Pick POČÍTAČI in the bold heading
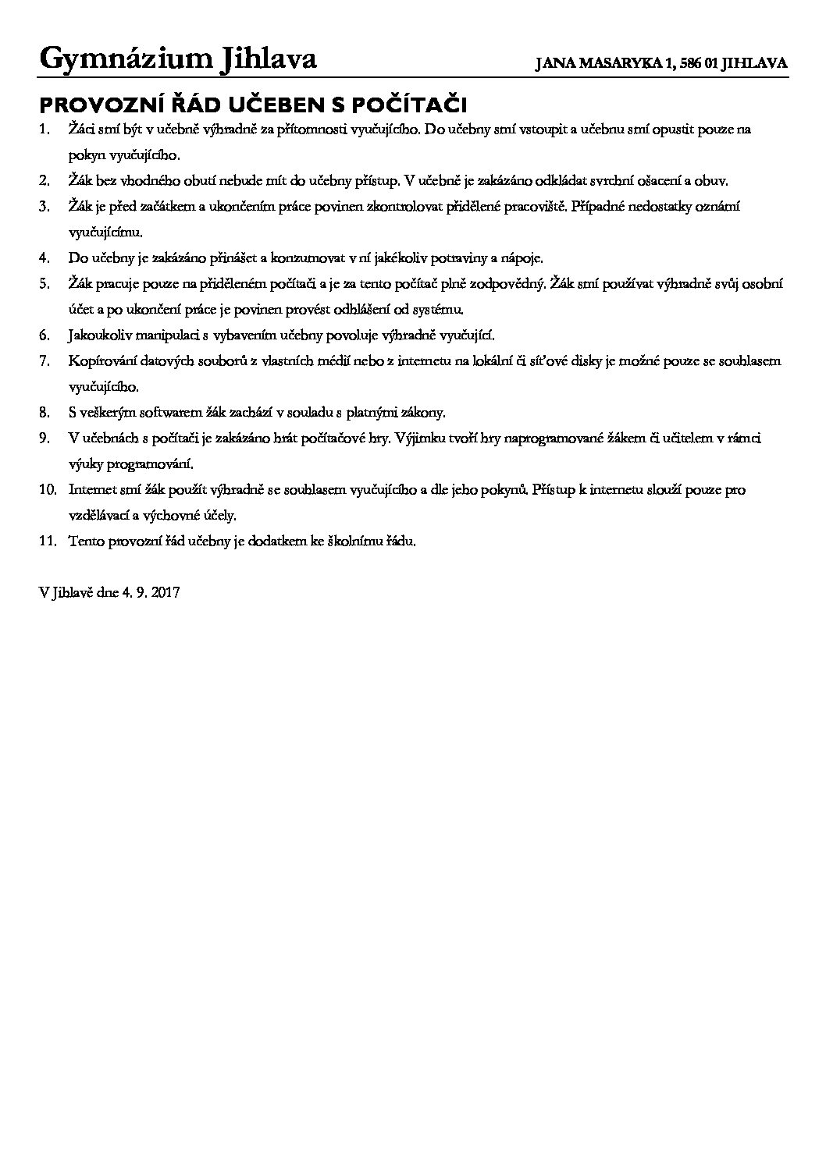[x=411, y=105]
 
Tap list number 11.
[x=47, y=541]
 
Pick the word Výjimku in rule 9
[x=422, y=438]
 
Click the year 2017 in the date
[x=166, y=592]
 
